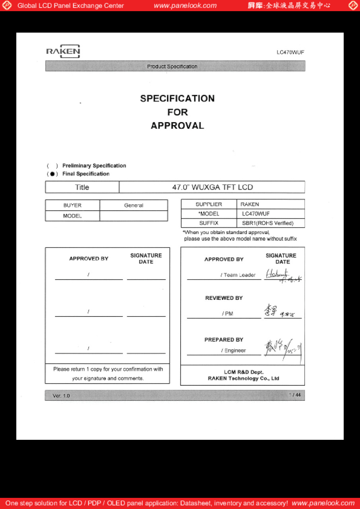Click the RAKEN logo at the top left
coord(63,51)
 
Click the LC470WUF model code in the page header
coord(290,52)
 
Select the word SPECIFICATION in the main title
coord(177,99)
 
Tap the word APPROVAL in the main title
coord(177,126)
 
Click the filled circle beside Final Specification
coord(52,174)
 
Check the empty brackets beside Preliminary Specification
coord(52,166)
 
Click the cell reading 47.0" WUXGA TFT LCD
coord(212,187)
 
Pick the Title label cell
coord(82,187)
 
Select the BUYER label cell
coord(72,206)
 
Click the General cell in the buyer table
coord(134,206)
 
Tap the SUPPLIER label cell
coord(208,204)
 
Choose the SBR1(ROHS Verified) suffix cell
coord(268,223)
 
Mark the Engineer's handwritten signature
coord(282,348)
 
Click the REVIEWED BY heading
coord(224,298)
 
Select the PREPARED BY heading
coord(224,340)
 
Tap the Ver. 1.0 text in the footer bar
coord(61,396)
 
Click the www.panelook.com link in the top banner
coord(185,6)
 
